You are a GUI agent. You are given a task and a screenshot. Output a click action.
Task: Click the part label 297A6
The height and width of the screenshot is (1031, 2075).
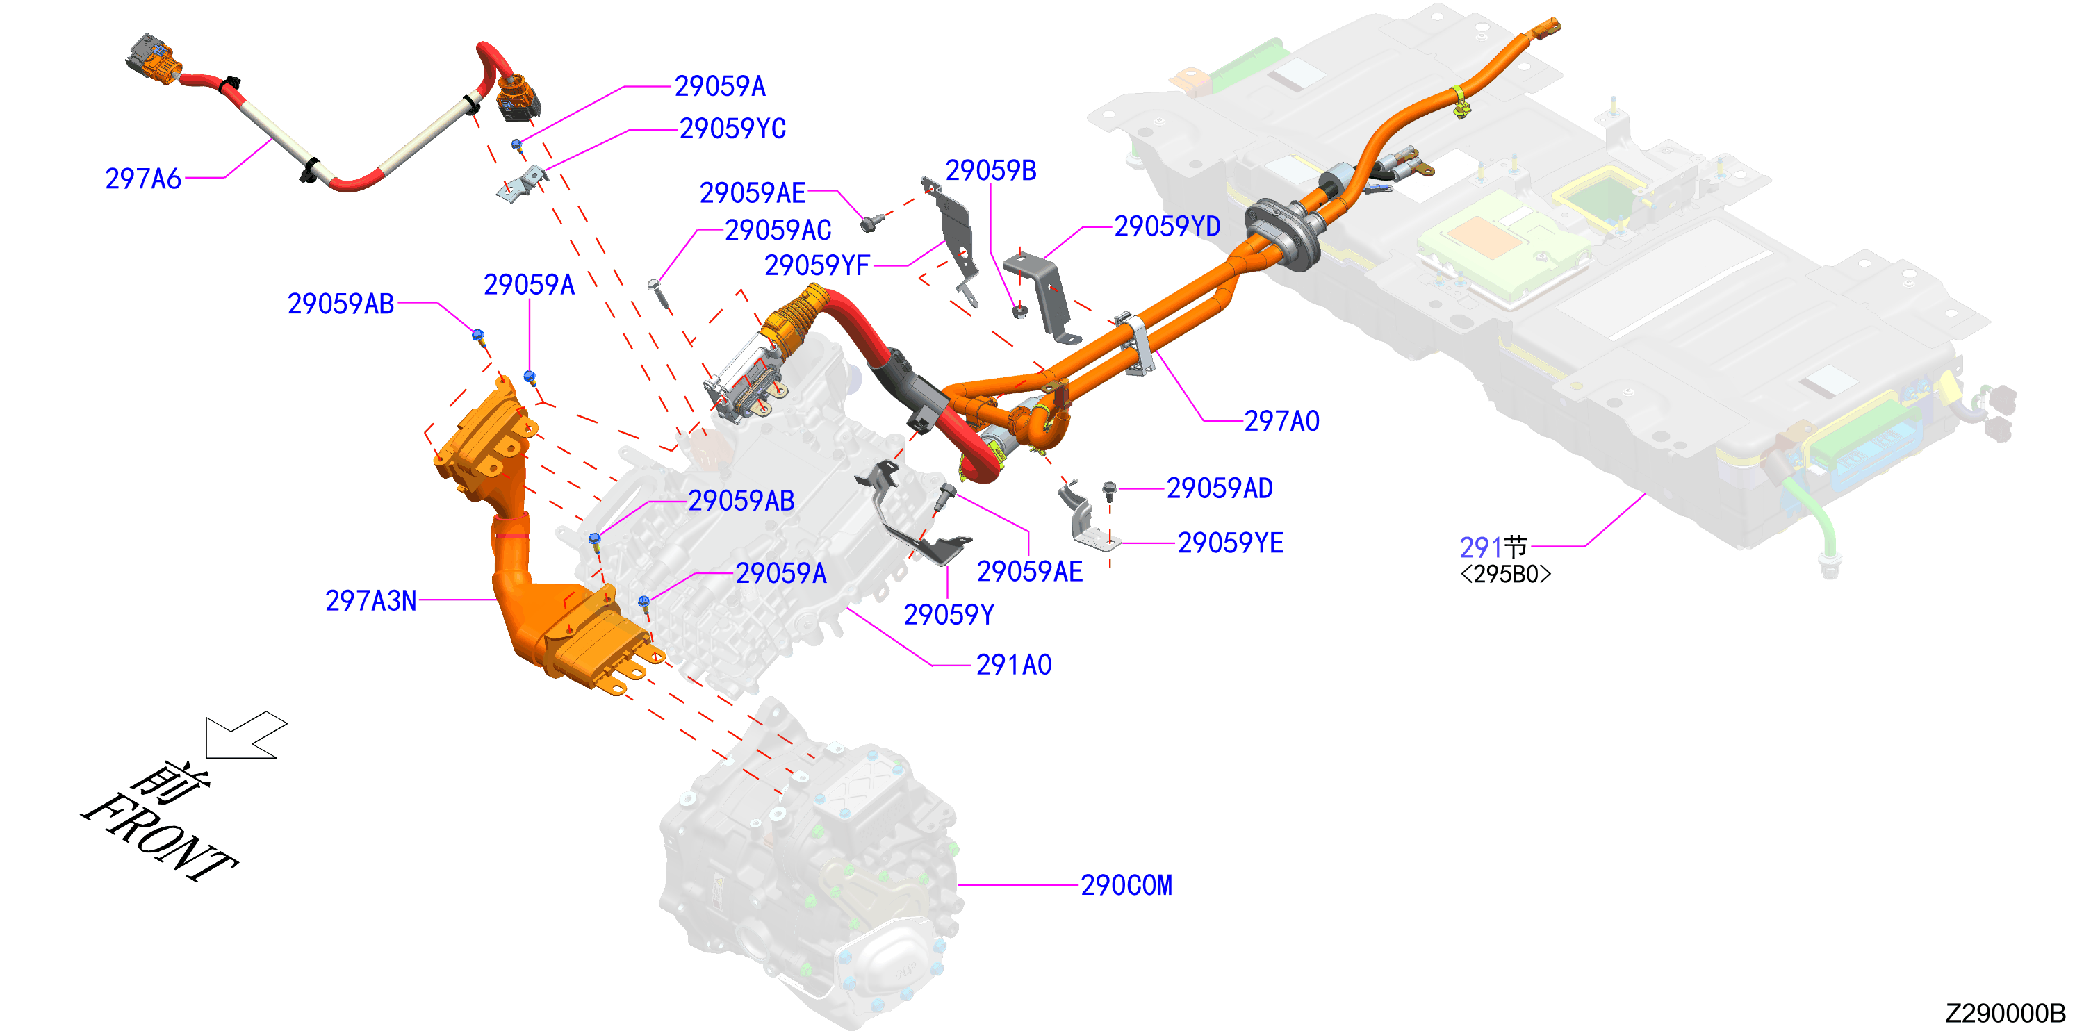coord(143,179)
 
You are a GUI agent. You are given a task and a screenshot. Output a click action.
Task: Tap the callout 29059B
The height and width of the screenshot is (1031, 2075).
coord(991,171)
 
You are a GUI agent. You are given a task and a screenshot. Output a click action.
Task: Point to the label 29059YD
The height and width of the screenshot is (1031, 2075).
coord(1167,226)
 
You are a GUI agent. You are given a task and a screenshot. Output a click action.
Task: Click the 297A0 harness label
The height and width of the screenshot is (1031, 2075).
coord(1281,421)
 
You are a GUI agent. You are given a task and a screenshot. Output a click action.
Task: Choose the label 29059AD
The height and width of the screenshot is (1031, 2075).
coord(1220,488)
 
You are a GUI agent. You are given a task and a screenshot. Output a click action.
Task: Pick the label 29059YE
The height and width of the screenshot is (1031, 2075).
coord(1230,543)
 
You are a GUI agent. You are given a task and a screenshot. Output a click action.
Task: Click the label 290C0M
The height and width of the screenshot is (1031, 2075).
coord(1126,885)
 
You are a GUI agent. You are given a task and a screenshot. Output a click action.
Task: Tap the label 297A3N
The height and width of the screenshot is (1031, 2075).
coord(370,601)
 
